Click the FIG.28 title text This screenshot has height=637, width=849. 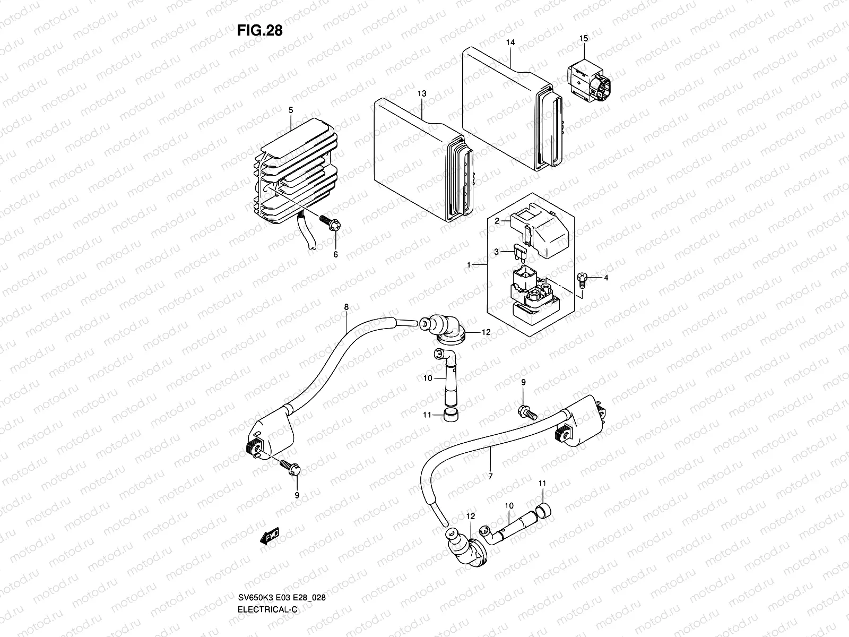coord(259,31)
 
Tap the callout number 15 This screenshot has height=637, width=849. coord(583,38)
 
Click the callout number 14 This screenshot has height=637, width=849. coord(510,42)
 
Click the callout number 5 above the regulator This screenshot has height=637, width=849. coord(291,110)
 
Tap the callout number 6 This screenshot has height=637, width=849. coord(335,254)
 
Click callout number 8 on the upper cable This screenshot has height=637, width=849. coord(346,307)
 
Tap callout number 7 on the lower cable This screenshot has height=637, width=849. coord(490,476)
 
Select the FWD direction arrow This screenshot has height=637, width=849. coord(270,536)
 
